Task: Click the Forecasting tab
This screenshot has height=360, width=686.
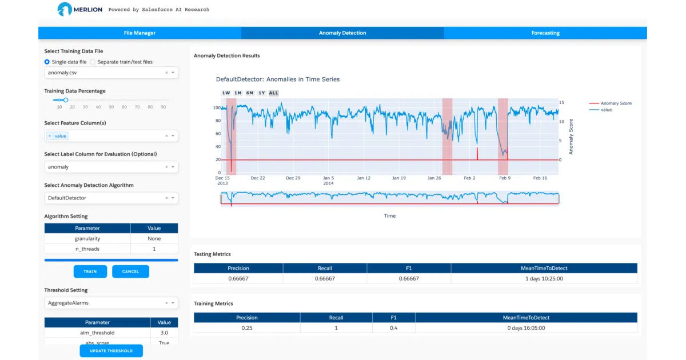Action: (545, 33)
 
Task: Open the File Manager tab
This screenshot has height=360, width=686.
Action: (139, 33)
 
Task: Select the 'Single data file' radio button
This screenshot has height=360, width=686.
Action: (47, 62)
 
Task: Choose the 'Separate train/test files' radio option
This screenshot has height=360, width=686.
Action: (93, 62)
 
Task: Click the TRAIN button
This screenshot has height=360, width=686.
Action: (90, 271)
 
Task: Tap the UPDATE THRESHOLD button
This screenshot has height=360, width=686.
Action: (111, 351)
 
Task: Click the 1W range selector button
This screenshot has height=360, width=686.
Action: (226, 93)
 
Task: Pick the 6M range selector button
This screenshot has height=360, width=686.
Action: (250, 93)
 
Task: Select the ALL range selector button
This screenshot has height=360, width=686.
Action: (273, 93)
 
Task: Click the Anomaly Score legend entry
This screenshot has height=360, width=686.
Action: (611, 103)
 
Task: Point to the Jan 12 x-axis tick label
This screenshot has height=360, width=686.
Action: (364, 178)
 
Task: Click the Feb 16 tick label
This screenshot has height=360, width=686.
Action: (540, 178)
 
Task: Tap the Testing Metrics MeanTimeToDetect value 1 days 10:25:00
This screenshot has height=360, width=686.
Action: (544, 279)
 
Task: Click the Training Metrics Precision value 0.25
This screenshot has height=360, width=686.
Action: (247, 328)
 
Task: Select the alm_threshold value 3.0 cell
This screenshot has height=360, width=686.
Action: (164, 333)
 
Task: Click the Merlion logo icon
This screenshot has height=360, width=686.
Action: (65, 9)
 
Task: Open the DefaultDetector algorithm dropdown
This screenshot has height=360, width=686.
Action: (111, 198)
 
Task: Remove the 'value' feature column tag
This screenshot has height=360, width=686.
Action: (50, 136)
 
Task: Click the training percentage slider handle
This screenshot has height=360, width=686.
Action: (66, 100)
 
